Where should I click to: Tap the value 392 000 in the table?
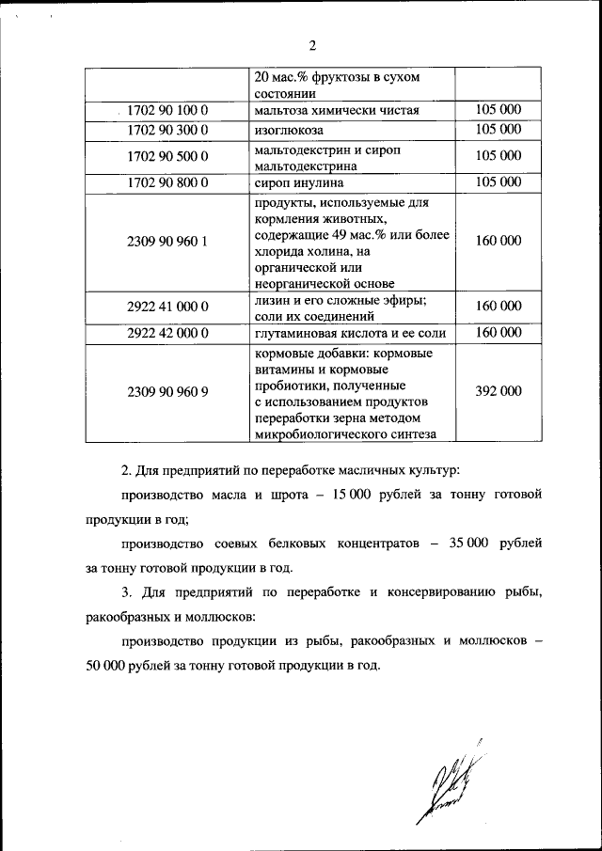pyautogui.click(x=498, y=392)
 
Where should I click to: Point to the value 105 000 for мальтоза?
pyautogui.click(x=498, y=111)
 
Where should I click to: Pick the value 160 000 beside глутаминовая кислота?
pyautogui.click(x=498, y=333)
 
